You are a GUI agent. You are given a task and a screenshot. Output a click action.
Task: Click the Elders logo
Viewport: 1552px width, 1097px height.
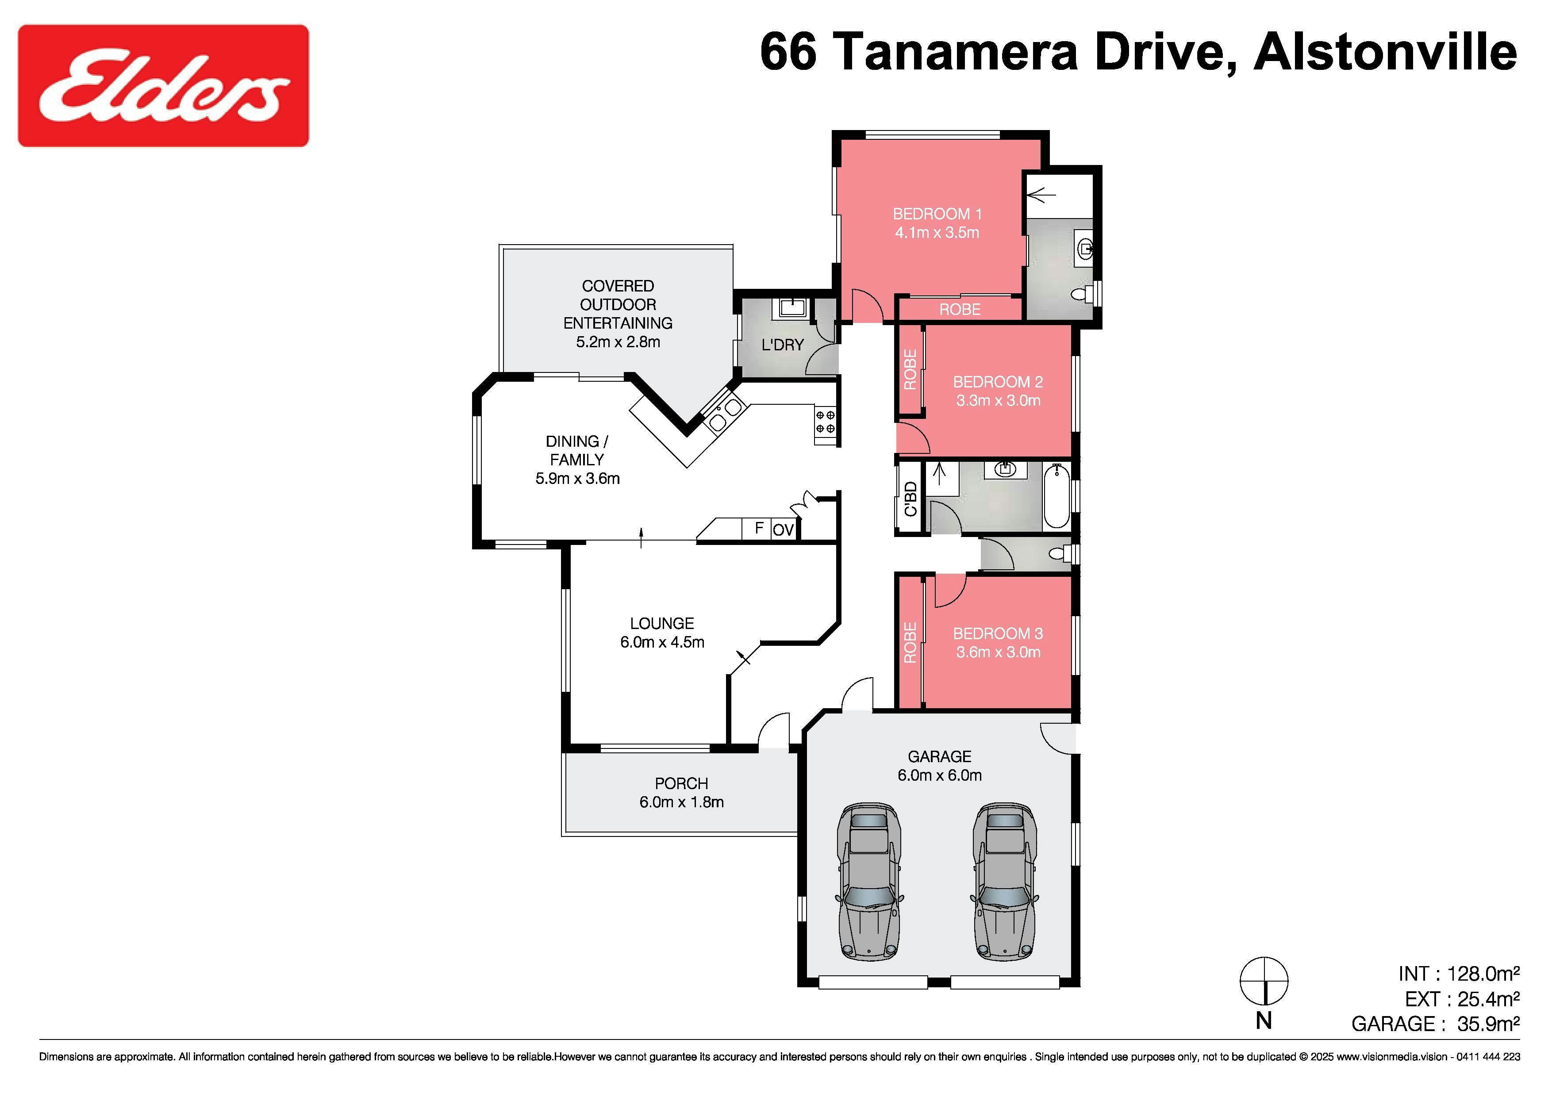[163, 85]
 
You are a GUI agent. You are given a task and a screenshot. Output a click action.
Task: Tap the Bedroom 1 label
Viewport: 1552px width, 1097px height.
[937, 214]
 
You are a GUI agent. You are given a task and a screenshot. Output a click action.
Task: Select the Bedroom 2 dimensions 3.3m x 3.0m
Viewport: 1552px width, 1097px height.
[998, 401]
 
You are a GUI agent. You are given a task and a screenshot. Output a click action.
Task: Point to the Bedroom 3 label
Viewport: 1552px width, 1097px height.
[998, 634]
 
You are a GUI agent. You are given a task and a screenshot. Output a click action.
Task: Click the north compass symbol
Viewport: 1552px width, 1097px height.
[1264, 982]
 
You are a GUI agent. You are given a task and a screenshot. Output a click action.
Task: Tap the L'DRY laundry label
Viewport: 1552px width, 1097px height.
[783, 345]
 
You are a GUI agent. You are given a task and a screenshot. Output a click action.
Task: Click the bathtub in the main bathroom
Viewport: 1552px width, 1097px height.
[1056, 496]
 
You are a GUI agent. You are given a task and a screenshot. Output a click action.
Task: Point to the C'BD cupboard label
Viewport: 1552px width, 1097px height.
[910, 499]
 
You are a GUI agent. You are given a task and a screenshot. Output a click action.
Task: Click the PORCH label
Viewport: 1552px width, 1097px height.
[681, 784]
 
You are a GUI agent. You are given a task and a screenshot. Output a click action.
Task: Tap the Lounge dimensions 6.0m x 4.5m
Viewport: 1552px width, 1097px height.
[662, 643]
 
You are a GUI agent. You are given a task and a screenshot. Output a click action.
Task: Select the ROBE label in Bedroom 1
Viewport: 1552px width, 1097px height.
[960, 310]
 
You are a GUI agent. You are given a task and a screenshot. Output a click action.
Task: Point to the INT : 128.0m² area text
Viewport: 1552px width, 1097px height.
[1459, 974]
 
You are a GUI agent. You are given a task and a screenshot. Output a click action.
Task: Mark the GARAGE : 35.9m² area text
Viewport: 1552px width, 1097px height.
[1436, 1024]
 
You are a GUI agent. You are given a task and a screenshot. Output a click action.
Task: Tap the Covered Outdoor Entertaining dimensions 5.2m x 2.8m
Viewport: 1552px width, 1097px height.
[618, 342]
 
